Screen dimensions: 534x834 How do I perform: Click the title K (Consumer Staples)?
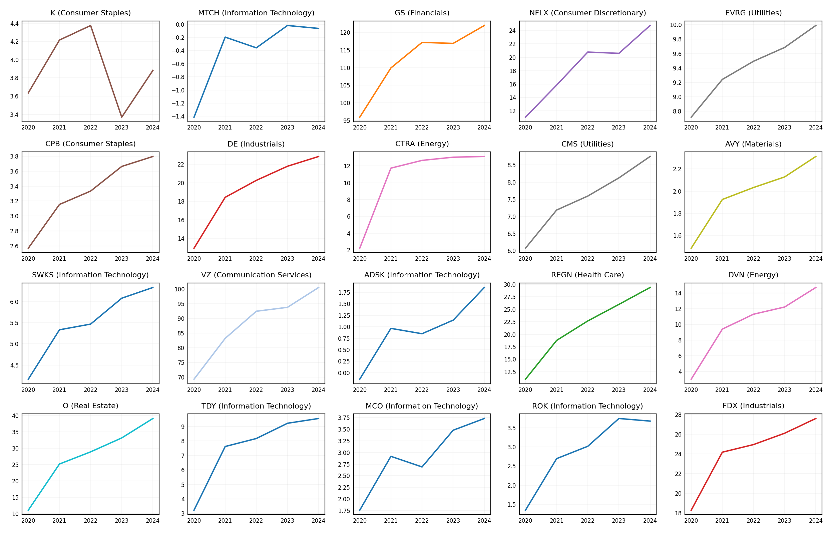tap(90, 13)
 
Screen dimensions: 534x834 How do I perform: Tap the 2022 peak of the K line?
tap(90, 25)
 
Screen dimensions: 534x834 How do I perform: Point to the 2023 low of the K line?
tap(122, 117)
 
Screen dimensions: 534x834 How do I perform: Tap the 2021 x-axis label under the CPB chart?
tap(59, 259)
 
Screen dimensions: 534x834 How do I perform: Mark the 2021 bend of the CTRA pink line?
tap(391, 168)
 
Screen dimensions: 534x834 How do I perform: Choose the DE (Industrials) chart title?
tap(256, 144)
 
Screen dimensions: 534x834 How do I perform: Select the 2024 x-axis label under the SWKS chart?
tap(152, 390)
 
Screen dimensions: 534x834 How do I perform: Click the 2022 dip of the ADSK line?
tap(422, 333)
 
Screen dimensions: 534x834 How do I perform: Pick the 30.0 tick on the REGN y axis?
tap(509, 285)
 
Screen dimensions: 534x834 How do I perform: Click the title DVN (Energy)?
tap(753, 275)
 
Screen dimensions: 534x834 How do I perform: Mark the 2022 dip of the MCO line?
tap(422, 467)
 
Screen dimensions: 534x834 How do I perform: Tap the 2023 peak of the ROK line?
tap(618, 419)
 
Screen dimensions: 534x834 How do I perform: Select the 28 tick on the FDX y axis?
tap(678, 415)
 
